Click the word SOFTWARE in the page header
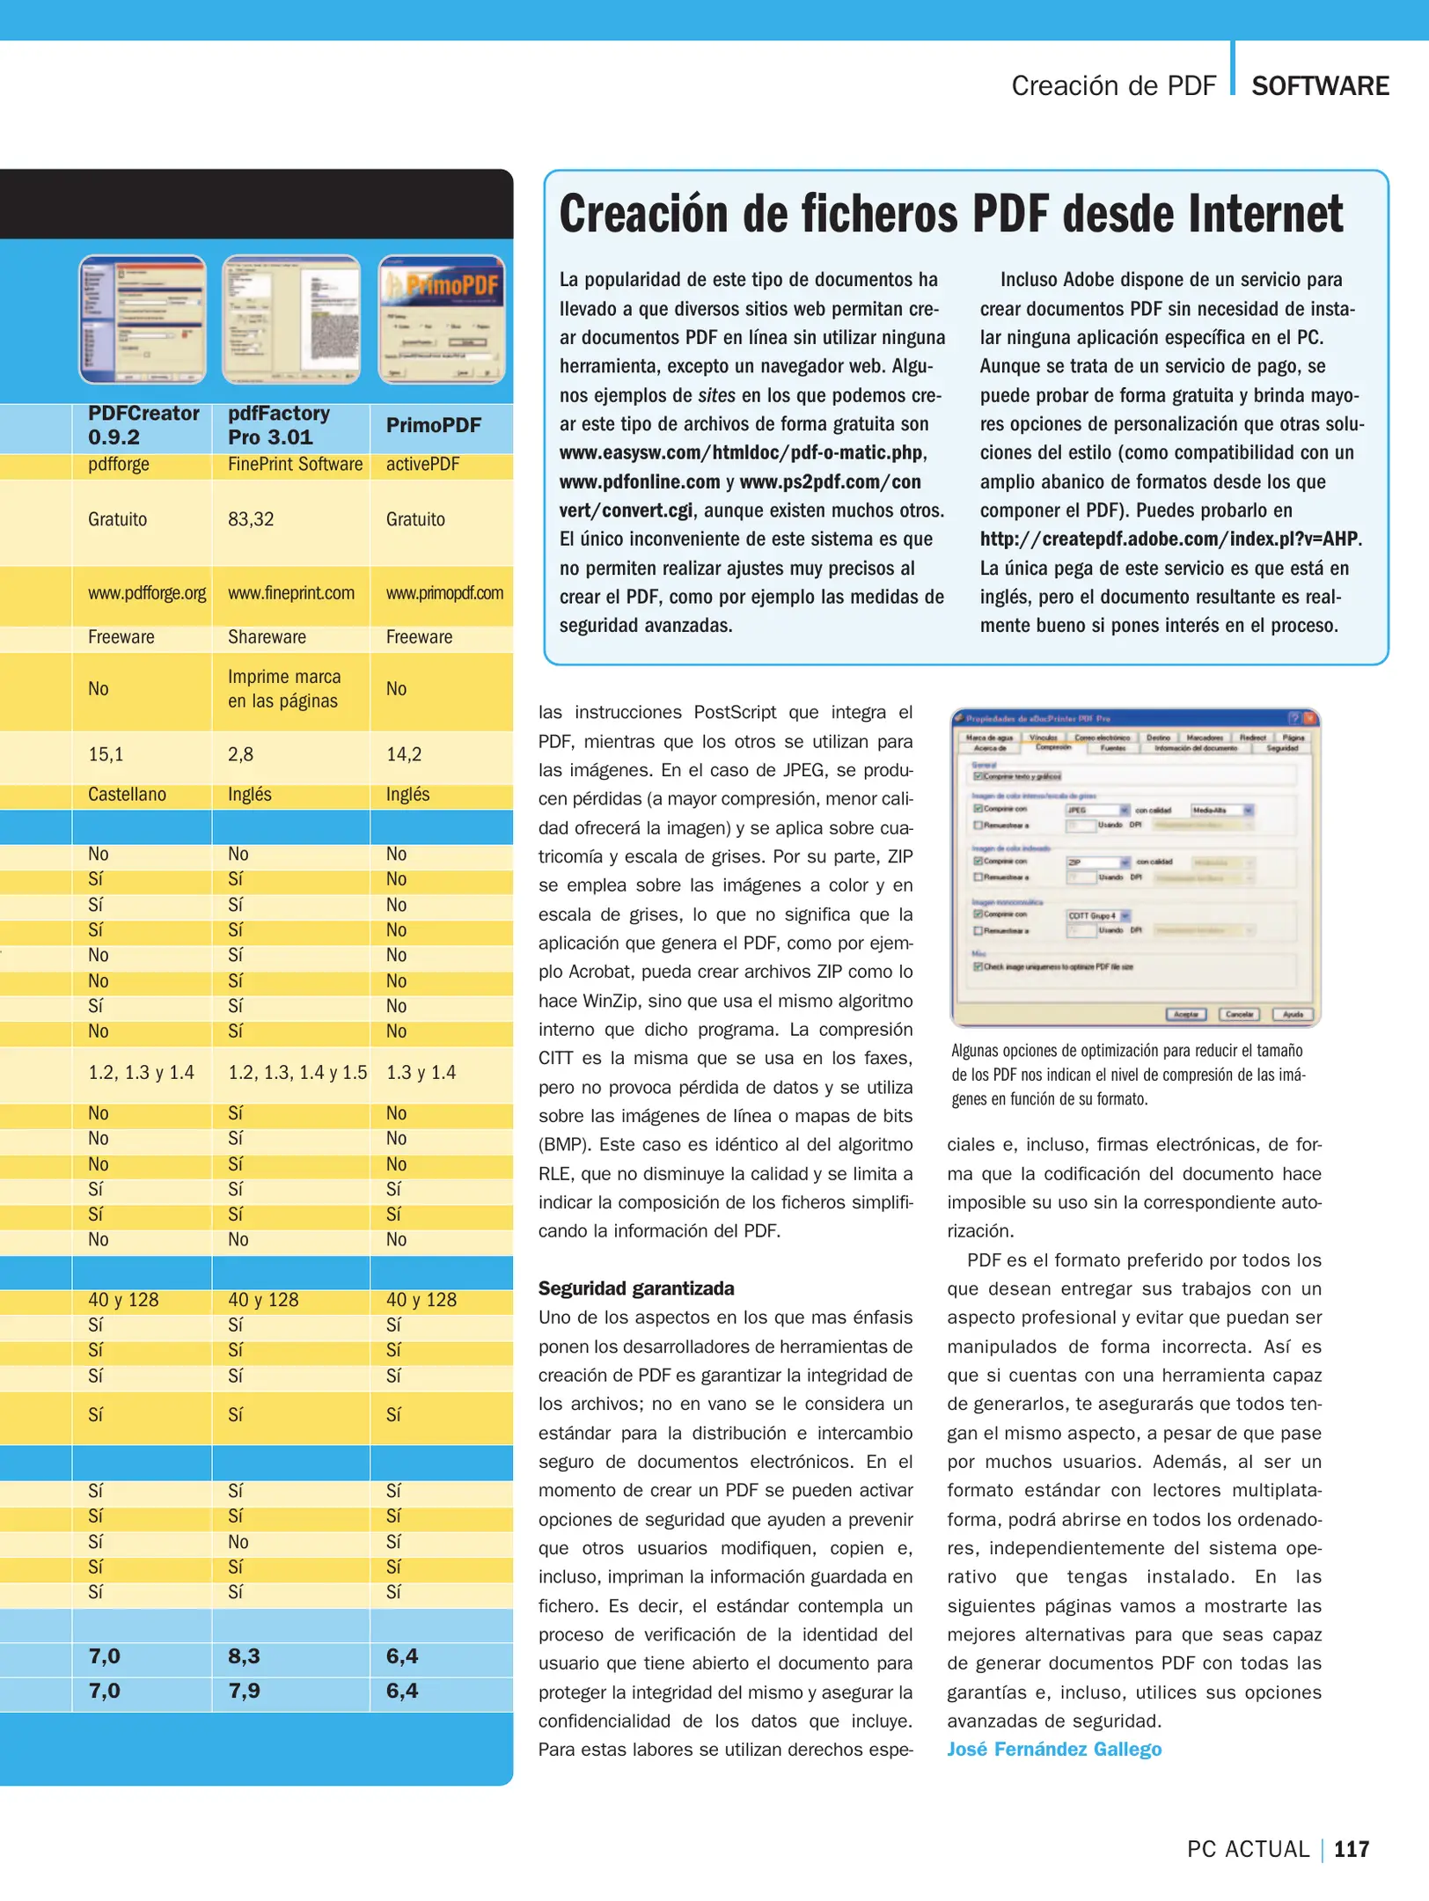coord(1320,86)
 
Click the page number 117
coord(1352,1848)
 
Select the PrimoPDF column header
coord(434,425)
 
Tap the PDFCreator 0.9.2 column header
coord(143,425)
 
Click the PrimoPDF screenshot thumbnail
coord(442,319)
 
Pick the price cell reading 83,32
coord(251,519)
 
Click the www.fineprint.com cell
coord(291,593)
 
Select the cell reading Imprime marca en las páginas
coord(283,688)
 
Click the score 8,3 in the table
coord(244,1655)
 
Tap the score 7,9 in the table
coord(244,1690)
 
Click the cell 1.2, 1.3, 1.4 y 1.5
coord(297,1072)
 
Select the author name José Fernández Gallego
coord(1054,1749)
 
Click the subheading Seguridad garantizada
coord(636,1288)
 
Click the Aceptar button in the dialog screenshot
coord(1185,1014)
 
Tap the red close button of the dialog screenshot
coord(1309,717)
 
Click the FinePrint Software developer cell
coord(295,464)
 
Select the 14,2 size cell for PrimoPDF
coord(404,754)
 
